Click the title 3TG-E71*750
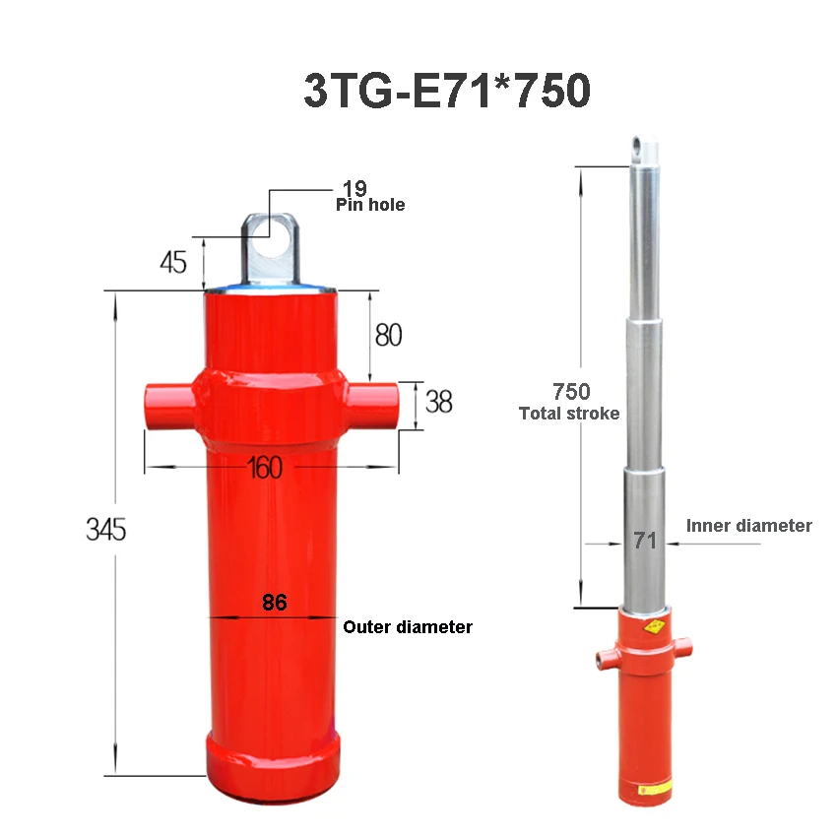(446, 92)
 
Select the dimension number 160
(266, 467)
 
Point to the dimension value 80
(388, 335)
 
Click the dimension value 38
(438, 402)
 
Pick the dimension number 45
(172, 263)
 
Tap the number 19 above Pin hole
(354, 188)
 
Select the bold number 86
(274, 603)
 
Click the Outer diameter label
(408, 627)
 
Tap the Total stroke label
(569, 414)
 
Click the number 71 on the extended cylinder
(645, 540)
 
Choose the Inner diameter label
(748, 526)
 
